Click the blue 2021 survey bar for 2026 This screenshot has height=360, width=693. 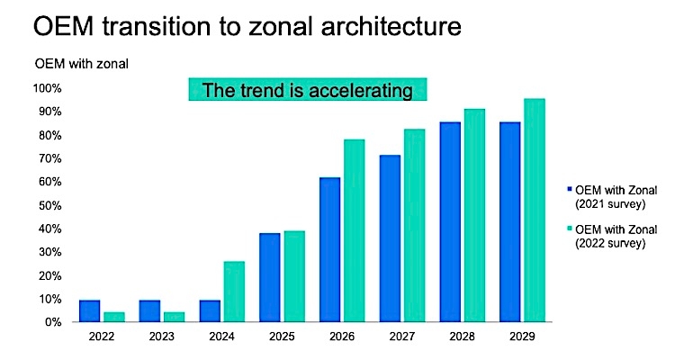click(x=329, y=249)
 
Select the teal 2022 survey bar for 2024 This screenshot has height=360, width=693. click(x=234, y=291)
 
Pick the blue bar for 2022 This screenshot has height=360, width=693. click(x=89, y=310)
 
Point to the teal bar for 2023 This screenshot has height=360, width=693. click(x=174, y=316)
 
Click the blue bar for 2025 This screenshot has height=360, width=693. click(x=270, y=277)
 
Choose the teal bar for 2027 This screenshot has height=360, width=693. click(x=415, y=225)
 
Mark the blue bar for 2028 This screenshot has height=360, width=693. click(x=450, y=221)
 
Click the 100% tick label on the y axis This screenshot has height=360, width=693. click(x=47, y=88)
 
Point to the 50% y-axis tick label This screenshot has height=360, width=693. click(x=49, y=205)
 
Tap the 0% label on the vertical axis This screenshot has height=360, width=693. click(x=52, y=321)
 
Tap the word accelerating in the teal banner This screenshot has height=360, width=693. click(x=361, y=90)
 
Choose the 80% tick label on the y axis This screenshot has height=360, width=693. click(x=49, y=135)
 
